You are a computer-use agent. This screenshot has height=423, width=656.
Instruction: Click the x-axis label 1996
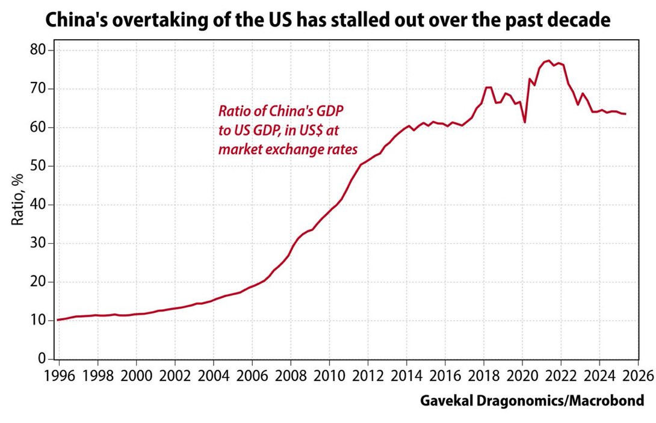click(x=60, y=376)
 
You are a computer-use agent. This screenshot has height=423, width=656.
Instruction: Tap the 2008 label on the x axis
click(x=291, y=376)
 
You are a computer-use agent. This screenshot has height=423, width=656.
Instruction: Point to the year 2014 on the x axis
click(x=406, y=376)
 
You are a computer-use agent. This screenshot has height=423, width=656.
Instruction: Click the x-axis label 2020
click(x=522, y=376)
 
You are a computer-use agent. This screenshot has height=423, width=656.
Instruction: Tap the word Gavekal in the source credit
click(x=445, y=401)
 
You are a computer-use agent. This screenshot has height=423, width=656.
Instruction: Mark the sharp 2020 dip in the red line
click(x=525, y=122)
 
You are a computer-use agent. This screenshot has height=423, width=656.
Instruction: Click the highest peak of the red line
click(x=548, y=61)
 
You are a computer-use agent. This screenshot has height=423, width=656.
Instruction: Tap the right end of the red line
click(x=626, y=114)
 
